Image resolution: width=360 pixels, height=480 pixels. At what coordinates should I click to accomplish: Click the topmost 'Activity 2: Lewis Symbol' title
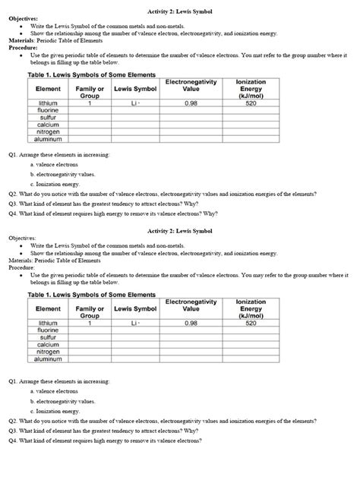pyautogui.click(x=179, y=10)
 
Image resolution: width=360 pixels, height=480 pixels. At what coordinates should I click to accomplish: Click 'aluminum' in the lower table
pyautogui.click(x=49, y=359)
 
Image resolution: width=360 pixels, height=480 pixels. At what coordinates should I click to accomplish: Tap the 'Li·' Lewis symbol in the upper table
pyautogui.click(x=135, y=103)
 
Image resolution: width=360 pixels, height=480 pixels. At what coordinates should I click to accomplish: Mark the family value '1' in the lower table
pyautogui.click(x=90, y=323)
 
